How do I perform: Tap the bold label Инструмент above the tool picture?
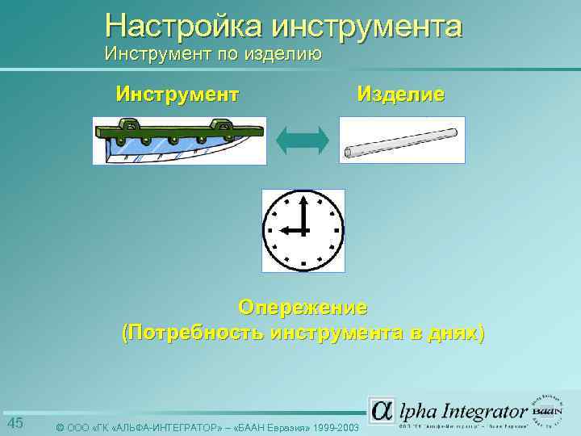pyautogui.click(x=178, y=94)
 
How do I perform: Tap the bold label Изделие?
pyautogui.click(x=401, y=94)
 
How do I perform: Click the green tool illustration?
pyautogui.click(x=178, y=140)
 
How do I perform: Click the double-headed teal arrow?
pyautogui.click(x=302, y=140)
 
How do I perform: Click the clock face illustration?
pyautogui.click(x=303, y=230)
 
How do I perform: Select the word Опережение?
pyautogui.click(x=303, y=308)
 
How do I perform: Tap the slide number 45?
pyautogui.click(x=15, y=424)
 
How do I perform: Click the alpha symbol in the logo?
pyautogui.click(x=382, y=410)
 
